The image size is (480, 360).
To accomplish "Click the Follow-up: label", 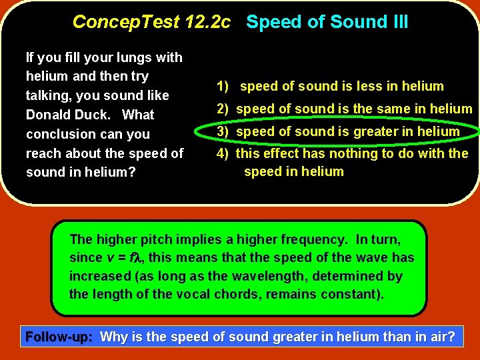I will tap(59, 337).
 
